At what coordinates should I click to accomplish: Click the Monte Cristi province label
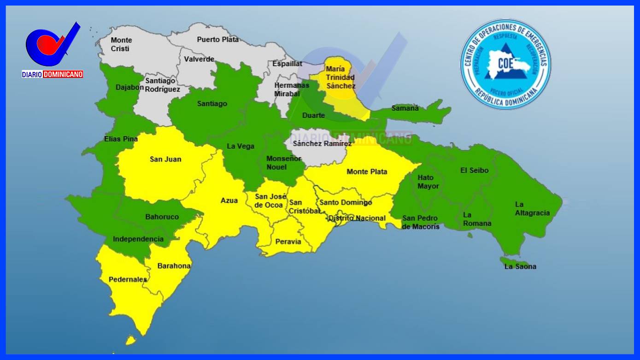coord(121,44)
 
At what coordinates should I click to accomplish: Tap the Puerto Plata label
coord(218,40)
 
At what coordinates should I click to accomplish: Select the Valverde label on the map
coord(199,59)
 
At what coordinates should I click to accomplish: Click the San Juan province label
coord(165,159)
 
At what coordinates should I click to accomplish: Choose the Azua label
coord(229,200)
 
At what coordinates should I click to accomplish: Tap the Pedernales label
coord(128,279)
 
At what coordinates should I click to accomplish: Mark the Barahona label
coord(174,266)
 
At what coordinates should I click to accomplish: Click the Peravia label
coord(288,242)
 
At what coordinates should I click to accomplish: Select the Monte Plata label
coord(367,171)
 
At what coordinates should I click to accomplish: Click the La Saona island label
coord(520,266)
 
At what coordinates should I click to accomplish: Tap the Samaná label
coord(405,108)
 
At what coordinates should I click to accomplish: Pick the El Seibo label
coord(474,170)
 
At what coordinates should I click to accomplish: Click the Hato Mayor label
coord(428,182)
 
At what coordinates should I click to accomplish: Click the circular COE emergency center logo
coord(505,64)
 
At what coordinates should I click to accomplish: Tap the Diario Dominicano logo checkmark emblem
coord(52,45)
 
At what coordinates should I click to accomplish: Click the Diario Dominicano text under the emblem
coord(53,74)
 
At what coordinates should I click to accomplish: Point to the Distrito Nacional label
coord(357,218)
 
